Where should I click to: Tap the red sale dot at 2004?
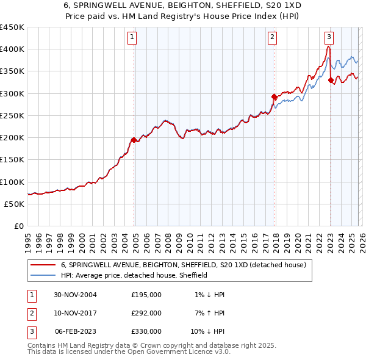[134, 140]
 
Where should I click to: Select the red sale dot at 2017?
[274, 96]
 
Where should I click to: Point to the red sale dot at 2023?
[331, 80]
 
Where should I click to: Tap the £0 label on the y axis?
[18, 226]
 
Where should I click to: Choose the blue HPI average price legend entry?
[134, 275]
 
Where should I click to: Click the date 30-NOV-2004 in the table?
[76, 295]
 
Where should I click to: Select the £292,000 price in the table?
[146, 313]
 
